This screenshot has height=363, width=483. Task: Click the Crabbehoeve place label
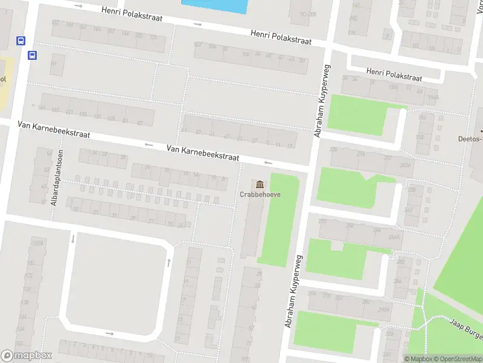[x=260, y=194]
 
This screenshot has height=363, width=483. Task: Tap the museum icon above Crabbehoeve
[x=260, y=184]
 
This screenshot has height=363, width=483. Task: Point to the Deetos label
[x=469, y=138]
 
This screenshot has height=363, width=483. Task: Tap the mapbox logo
[x=26, y=356]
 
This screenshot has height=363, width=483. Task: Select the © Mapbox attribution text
[x=419, y=359]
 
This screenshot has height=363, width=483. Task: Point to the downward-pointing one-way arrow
[x=73, y=238]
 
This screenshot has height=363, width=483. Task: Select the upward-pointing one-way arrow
[x=168, y=263]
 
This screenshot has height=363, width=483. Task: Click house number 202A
[x=405, y=165]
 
